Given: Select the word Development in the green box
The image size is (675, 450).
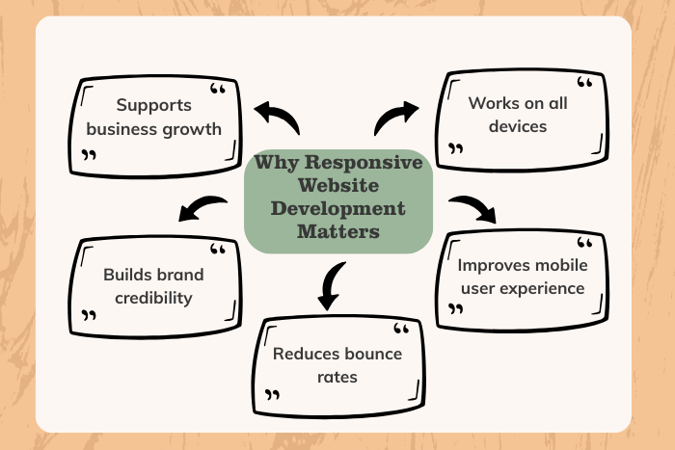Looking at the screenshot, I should point(337,208).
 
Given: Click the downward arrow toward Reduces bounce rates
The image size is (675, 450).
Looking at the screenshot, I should point(331,287).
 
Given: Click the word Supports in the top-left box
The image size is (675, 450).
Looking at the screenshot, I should point(154,104).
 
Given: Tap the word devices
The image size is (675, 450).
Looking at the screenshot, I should point(517,126).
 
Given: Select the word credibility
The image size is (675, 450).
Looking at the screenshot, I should point(153,297).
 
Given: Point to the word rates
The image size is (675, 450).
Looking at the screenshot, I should point(337,377).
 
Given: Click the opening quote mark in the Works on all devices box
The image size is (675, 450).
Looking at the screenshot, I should point(584,84).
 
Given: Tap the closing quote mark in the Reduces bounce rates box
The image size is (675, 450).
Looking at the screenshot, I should point(273,394).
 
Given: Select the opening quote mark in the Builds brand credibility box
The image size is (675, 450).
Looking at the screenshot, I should point(217,251).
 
